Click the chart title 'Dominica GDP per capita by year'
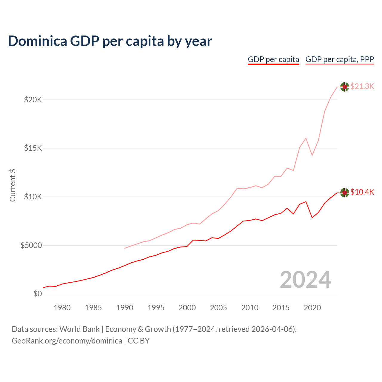[x=110, y=41]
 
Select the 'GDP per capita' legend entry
[x=273, y=59]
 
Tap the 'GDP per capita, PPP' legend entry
[x=340, y=59]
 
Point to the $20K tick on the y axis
[x=33, y=100]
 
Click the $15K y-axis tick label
[x=33, y=148]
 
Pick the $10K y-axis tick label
[x=33, y=197]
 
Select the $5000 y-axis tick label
[x=31, y=245]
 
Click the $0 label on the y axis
[x=38, y=294]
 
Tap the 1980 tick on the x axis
[x=62, y=308]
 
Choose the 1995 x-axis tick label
[x=156, y=308]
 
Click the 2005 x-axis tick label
[x=218, y=308]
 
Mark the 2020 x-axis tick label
[x=312, y=308]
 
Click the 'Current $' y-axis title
[x=13, y=185]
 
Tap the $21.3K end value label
[x=362, y=87]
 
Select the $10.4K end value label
[x=362, y=192]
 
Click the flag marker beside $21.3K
[x=345, y=87]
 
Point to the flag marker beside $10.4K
[x=345, y=193]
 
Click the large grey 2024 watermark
[x=305, y=280]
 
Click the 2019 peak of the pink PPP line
[x=306, y=138]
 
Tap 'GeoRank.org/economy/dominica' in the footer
[x=67, y=341]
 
